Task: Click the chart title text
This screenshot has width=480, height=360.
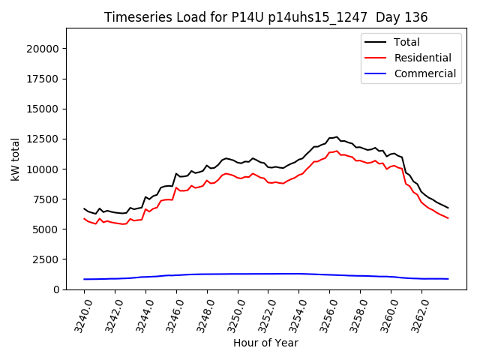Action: point(266,17)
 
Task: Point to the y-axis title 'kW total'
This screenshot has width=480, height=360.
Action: point(15,159)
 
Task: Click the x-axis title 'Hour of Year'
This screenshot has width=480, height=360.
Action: point(265,343)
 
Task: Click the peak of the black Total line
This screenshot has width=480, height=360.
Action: point(337,137)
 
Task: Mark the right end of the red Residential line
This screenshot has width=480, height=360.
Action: point(448,218)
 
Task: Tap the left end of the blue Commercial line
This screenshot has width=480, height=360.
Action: point(84,279)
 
